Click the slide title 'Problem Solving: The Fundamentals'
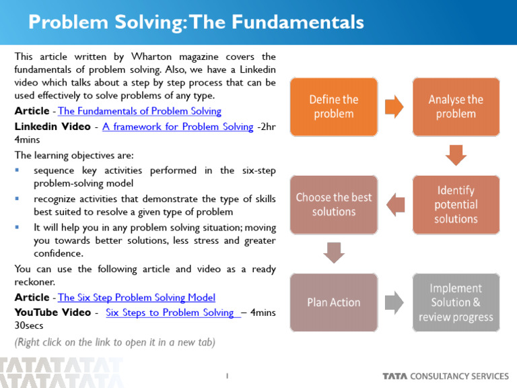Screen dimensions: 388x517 [x=196, y=22]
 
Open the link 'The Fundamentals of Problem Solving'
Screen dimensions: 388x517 [x=140, y=111]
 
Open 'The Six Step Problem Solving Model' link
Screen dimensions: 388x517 [x=137, y=297]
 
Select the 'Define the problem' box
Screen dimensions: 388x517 [x=333, y=106]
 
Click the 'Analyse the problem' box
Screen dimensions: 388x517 [x=456, y=106]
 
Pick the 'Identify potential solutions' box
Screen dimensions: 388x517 [x=456, y=205]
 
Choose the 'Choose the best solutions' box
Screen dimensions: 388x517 [x=333, y=205]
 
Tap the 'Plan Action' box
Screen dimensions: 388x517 [x=333, y=302]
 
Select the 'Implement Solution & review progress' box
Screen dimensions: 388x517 [x=456, y=302]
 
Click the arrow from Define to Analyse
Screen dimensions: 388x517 [x=394, y=106]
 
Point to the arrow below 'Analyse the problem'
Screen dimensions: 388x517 [x=456, y=156]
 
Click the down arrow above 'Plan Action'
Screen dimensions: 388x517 [x=334, y=253]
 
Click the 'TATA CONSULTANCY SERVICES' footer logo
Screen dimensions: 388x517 [x=445, y=376]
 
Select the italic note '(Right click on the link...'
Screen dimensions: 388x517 [x=115, y=342]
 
